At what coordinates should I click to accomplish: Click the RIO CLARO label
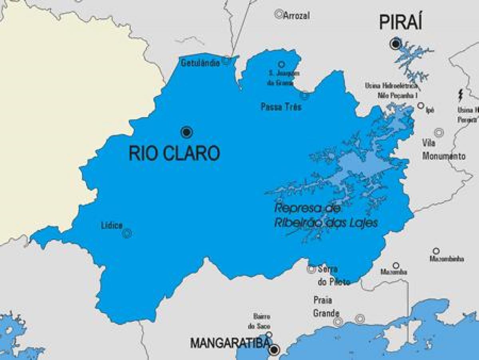coord(174,153)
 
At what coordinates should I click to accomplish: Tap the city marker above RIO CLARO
coord(186,132)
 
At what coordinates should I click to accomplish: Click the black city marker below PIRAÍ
coord(395,44)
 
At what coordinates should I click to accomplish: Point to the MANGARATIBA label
coord(228,343)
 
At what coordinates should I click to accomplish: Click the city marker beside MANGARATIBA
coord(274,350)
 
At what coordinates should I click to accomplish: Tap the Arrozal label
coord(297,16)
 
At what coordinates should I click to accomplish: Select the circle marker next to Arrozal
coord(279,14)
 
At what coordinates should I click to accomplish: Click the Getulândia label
coord(200,63)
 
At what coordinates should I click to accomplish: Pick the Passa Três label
coord(281,107)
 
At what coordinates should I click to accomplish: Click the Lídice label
coord(112,225)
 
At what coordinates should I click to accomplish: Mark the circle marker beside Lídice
coord(127,233)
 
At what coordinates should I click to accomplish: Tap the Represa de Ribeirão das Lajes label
coord(325,215)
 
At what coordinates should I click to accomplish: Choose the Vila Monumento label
coord(443,149)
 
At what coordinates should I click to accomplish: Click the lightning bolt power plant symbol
coord(460,95)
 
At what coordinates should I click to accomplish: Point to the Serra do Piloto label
coord(333,275)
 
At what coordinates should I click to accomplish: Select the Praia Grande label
coord(326,306)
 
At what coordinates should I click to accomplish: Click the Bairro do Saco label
coord(261,321)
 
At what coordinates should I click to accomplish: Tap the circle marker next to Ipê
coord(421,105)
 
